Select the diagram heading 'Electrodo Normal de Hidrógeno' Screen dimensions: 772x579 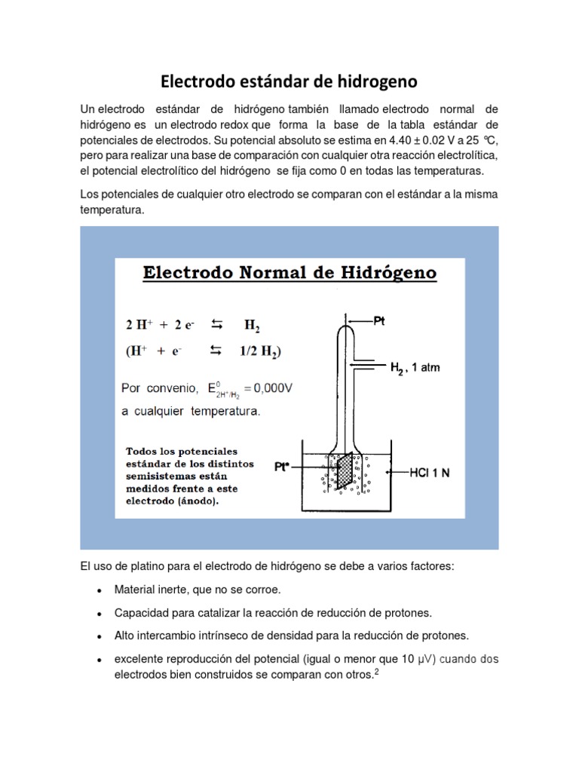tap(290, 272)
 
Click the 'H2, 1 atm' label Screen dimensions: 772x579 tap(415, 368)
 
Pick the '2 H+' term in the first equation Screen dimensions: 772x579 tap(141, 326)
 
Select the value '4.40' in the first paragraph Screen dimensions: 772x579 tap(402, 141)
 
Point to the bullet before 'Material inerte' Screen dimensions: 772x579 tap(100, 590)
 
